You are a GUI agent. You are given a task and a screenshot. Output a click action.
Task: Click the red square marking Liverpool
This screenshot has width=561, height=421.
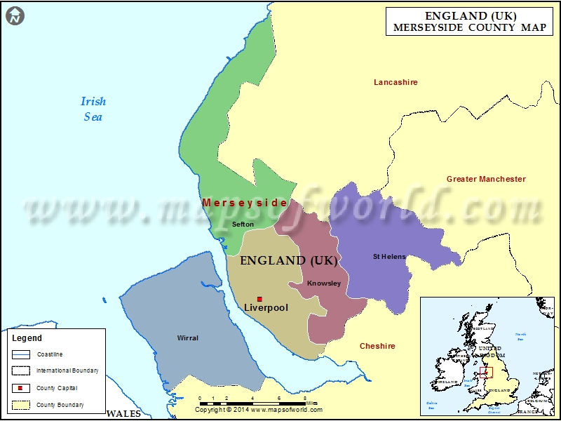(259, 299)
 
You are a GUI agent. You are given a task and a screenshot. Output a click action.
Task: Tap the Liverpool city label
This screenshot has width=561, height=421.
(266, 308)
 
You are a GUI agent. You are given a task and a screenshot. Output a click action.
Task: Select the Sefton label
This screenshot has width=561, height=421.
(243, 224)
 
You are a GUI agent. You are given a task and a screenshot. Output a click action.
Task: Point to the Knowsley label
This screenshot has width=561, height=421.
(324, 283)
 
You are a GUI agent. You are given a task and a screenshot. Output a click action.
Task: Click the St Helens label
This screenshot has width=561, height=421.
(388, 257)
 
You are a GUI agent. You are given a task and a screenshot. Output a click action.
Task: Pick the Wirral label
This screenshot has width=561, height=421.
(188, 338)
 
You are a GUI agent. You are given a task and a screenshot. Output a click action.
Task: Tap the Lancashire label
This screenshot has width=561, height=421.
(396, 83)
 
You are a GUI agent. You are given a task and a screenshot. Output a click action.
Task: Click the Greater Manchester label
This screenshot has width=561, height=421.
(486, 179)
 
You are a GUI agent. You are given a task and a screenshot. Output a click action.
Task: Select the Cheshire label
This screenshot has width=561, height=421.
(377, 346)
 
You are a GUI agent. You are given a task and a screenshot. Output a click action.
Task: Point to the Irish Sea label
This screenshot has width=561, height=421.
(93, 109)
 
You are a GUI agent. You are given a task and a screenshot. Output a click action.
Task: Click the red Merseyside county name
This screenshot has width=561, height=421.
(245, 203)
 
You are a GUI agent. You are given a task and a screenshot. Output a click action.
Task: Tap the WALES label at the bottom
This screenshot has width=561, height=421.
(124, 415)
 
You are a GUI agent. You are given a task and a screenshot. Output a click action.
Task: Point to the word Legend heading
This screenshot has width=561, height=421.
(27, 338)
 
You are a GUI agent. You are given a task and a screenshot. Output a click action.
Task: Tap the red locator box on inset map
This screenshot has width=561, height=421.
(486, 373)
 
